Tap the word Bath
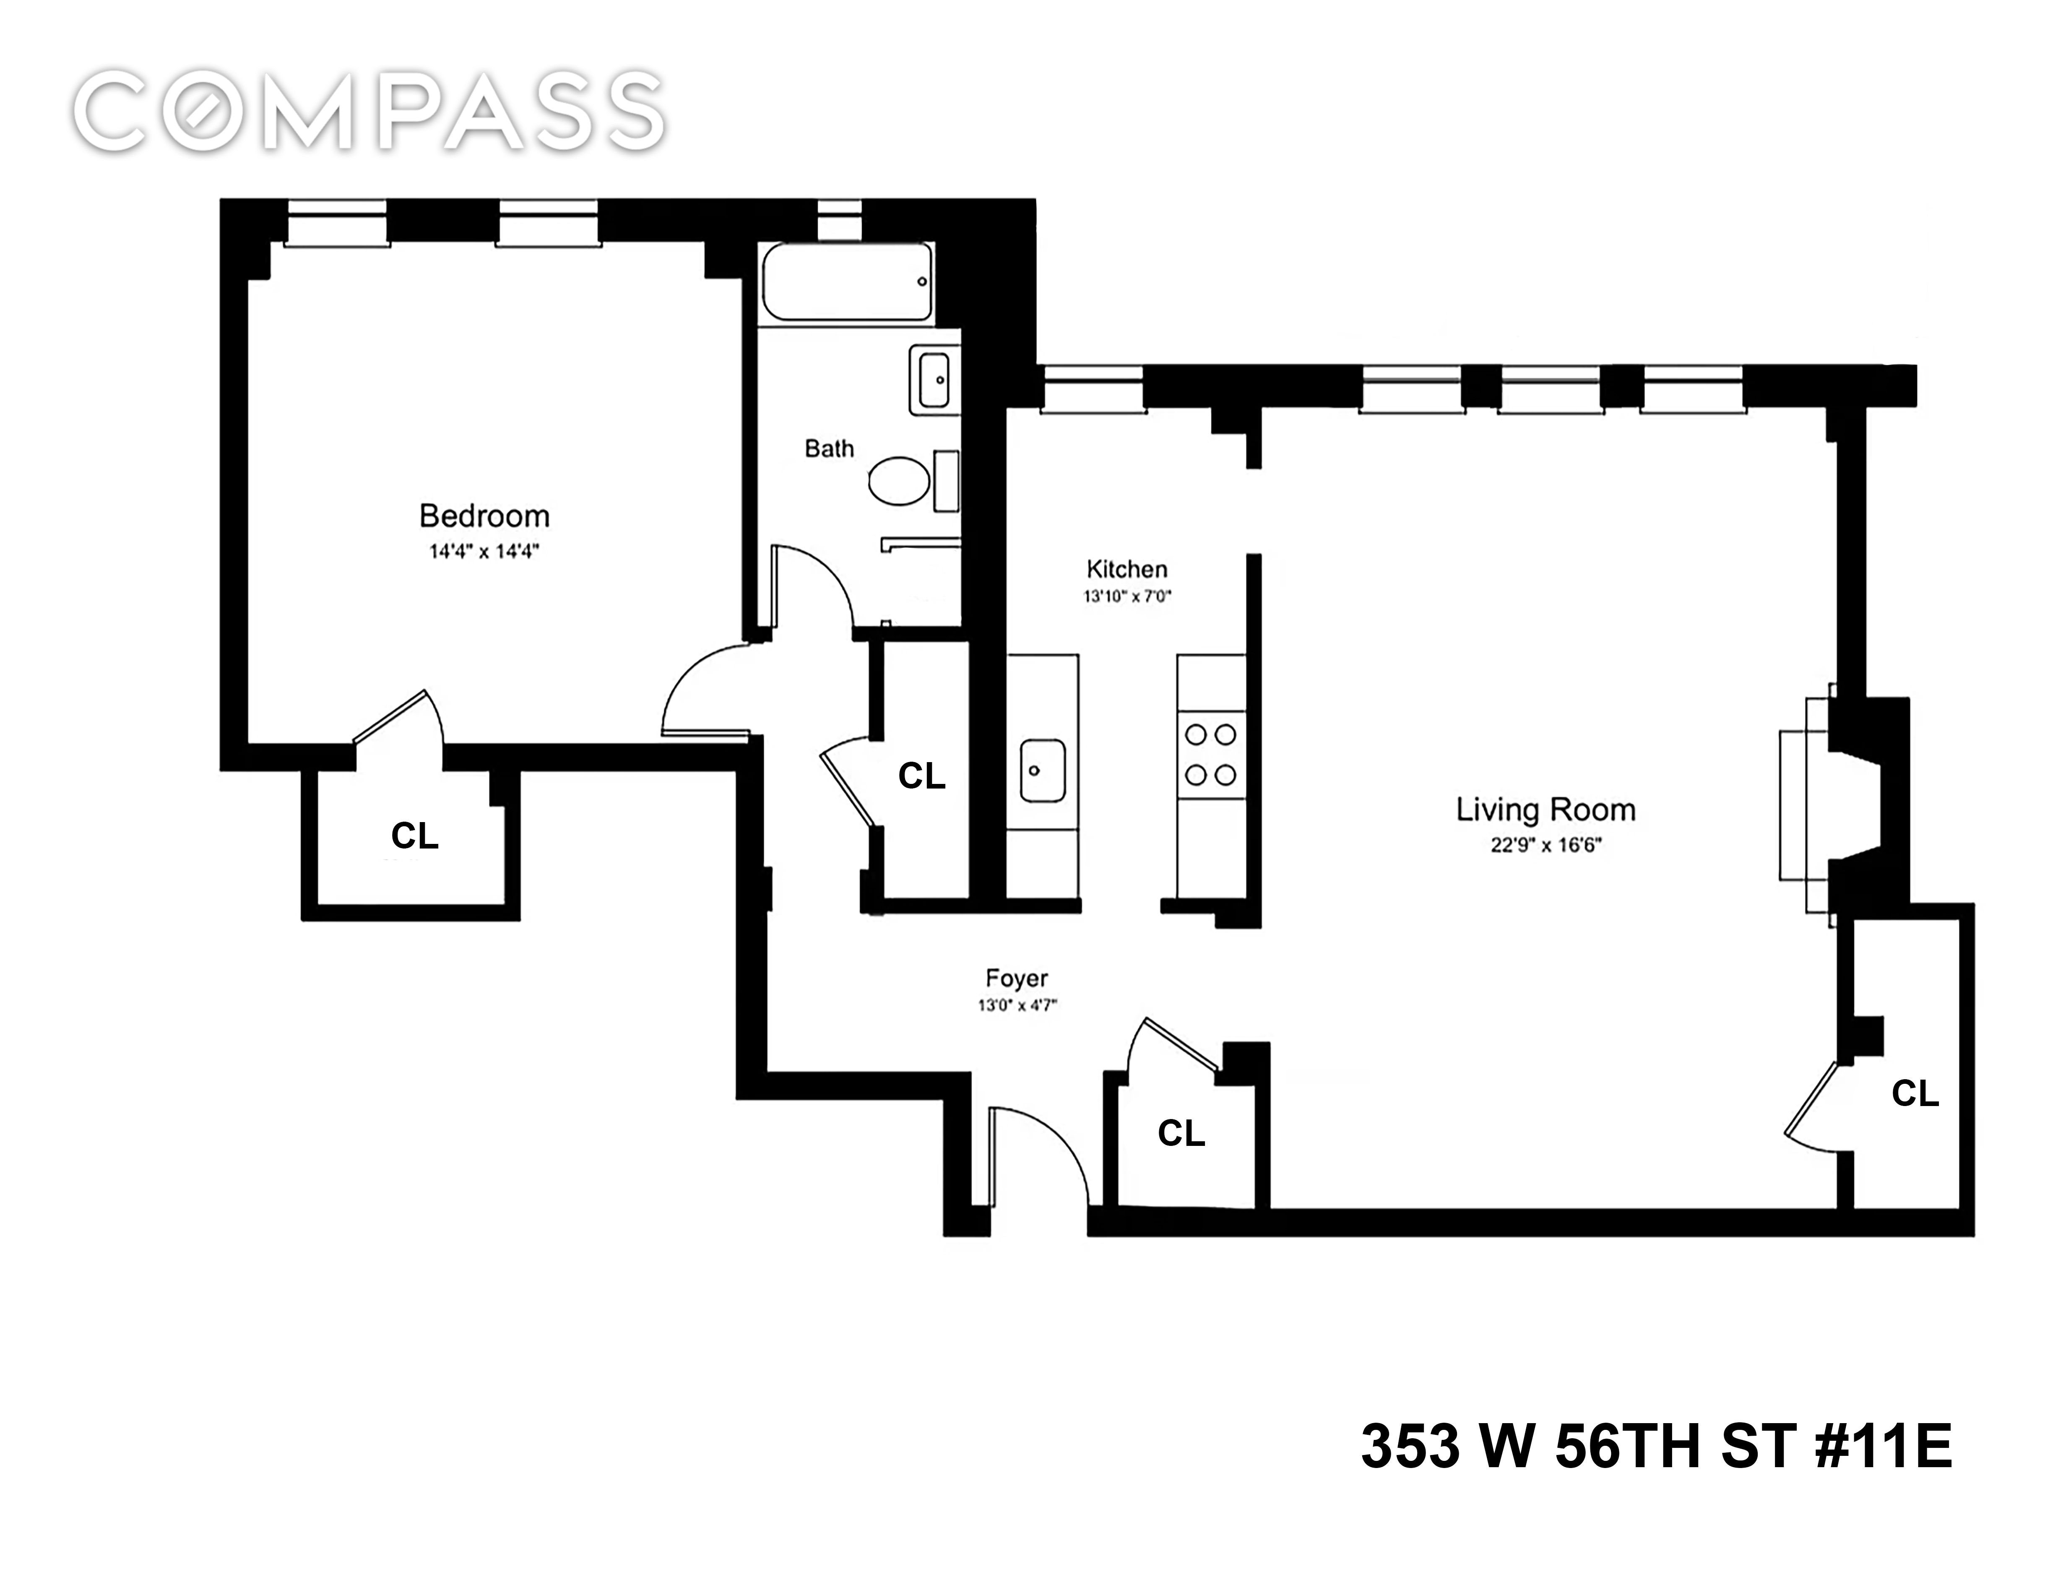pyautogui.click(x=829, y=449)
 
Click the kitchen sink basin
pyautogui.click(x=1042, y=770)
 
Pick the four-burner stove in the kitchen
pyautogui.click(x=1210, y=754)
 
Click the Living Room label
pyautogui.click(x=1545, y=810)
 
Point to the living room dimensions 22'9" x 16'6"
pyautogui.click(x=1545, y=845)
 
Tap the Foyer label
pyautogui.click(x=1016, y=978)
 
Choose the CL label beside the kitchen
pyautogui.click(x=921, y=776)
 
